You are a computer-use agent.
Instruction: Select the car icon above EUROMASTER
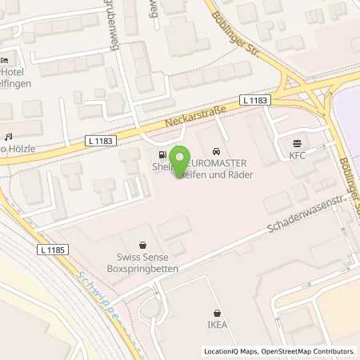click(x=216, y=151)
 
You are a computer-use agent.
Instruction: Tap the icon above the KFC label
click(x=298, y=145)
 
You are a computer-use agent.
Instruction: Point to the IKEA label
click(x=217, y=326)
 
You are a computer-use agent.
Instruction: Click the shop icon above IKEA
click(x=217, y=314)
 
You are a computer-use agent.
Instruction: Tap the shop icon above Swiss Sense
click(x=142, y=246)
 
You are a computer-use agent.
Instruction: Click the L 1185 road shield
click(x=50, y=250)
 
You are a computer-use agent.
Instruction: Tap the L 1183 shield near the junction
click(x=259, y=100)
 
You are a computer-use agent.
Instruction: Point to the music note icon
click(x=9, y=137)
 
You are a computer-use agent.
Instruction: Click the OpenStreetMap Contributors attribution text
click(x=306, y=351)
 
